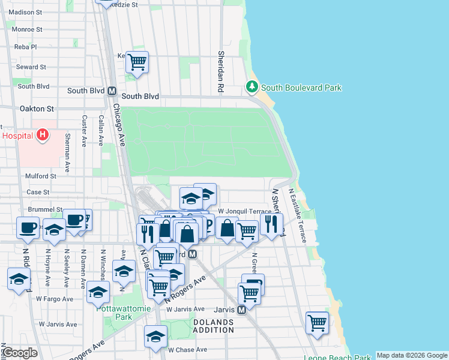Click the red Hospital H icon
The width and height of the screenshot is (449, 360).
coord(42,135)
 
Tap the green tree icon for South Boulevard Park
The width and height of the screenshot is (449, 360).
coord(252,88)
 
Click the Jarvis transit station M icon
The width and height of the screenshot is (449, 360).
coord(241,310)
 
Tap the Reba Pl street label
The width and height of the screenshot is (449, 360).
coord(26,47)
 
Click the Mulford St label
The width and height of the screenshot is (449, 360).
coord(40,176)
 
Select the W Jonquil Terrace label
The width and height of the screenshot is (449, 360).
coord(244,211)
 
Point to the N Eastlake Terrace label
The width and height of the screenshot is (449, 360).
coord(298,215)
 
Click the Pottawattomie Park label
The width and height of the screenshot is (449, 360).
coord(115,312)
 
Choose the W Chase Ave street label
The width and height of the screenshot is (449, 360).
coord(187,350)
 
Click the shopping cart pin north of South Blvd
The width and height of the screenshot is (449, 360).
coord(137,61)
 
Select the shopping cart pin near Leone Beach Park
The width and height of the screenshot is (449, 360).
coord(317,323)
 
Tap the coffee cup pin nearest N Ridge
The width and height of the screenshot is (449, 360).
coord(28,227)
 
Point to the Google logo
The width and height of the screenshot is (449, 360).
coord(20,353)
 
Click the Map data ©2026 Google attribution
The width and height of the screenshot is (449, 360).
coord(412,355)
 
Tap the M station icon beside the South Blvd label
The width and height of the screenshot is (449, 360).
coord(111,91)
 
